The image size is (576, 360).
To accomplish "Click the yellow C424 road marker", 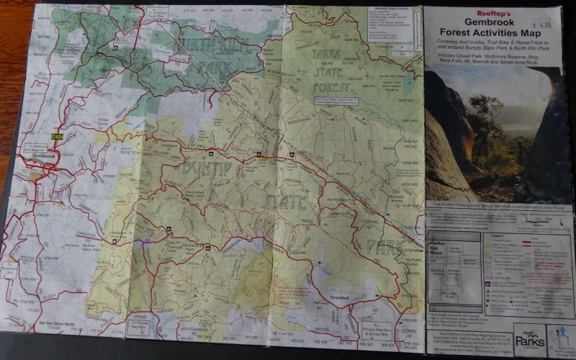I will [x=58, y=136].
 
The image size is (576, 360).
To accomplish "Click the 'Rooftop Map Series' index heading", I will [x=436, y=248].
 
